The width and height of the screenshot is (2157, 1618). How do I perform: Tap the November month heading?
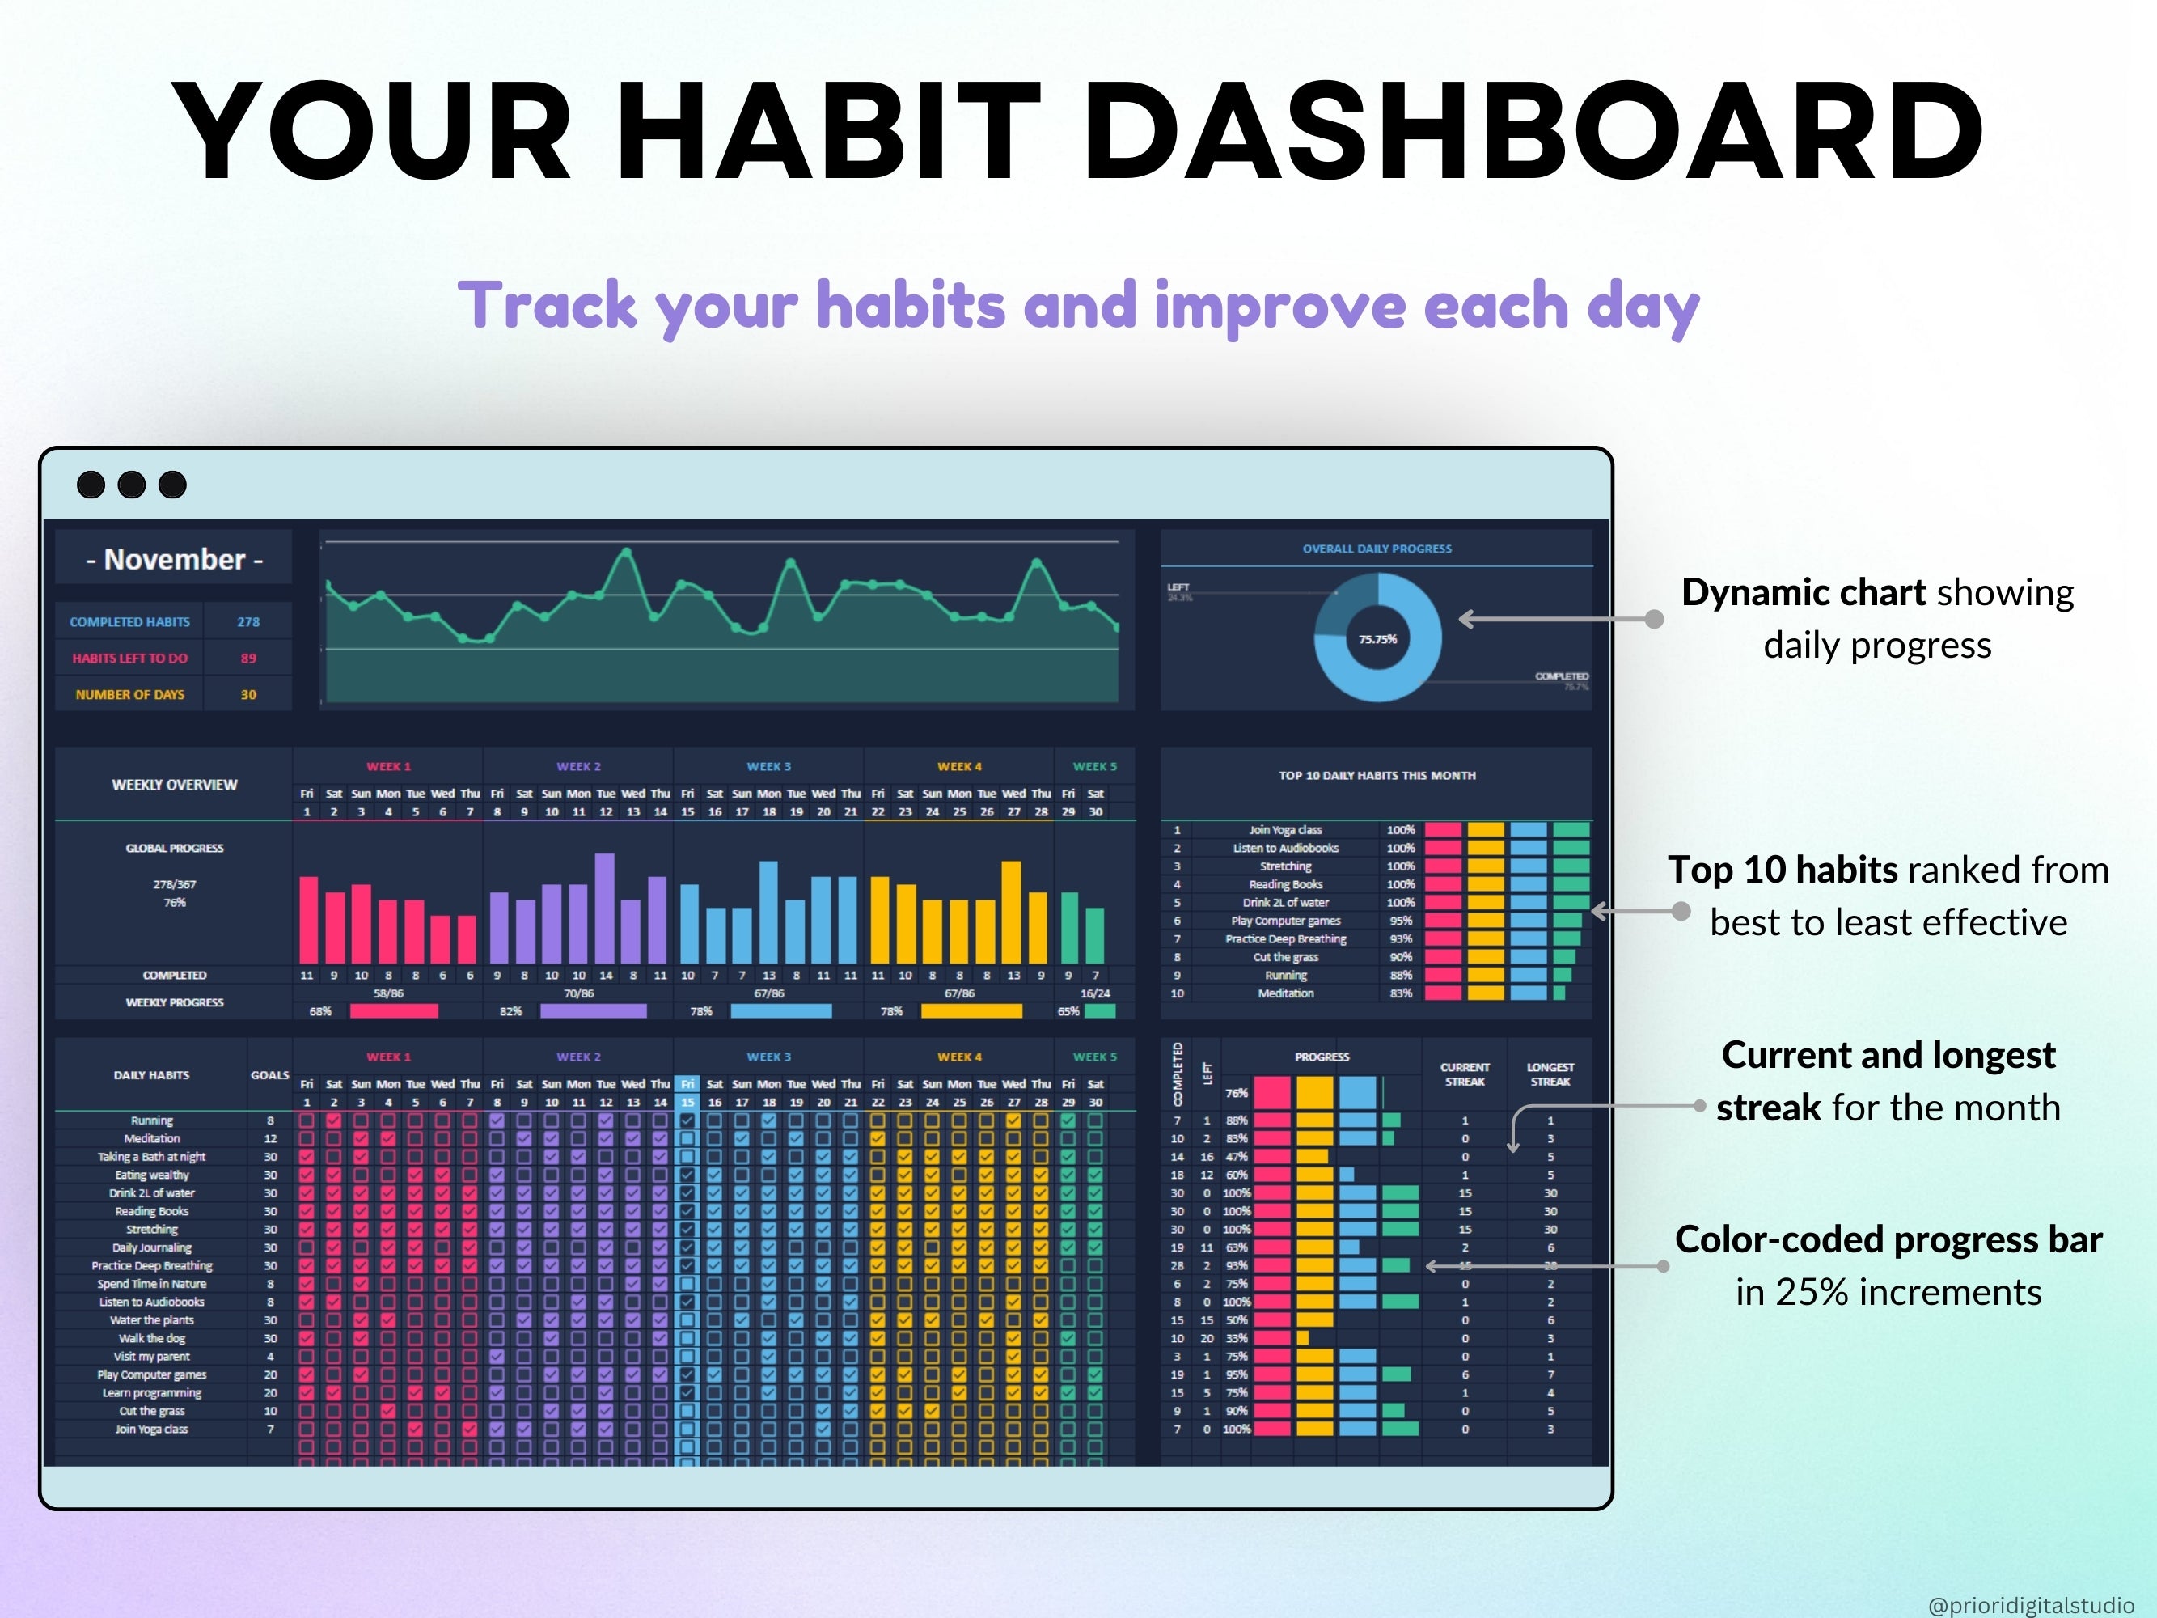(175, 560)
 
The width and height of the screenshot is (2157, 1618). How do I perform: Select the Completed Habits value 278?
(247, 622)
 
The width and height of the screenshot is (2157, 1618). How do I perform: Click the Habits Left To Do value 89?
(247, 659)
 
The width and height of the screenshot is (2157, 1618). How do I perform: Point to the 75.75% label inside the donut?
(1377, 640)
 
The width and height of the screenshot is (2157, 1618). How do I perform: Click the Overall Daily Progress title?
(1376, 549)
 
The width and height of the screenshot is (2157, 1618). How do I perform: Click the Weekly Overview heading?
(175, 785)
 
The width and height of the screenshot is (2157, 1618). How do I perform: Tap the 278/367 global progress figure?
(175, 884)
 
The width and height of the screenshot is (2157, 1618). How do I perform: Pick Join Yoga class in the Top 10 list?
(1285, 830)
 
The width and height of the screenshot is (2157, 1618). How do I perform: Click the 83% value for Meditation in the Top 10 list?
(1400, 993)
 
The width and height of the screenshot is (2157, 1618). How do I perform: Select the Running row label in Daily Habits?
(152, 1120)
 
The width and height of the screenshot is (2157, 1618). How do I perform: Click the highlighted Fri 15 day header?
(687, 1093)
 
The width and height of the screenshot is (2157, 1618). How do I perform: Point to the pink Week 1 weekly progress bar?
(394, 1011)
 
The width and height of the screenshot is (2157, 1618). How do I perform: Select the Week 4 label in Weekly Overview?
(958, 767)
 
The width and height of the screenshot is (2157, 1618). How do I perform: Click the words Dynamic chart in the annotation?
(1803, 593)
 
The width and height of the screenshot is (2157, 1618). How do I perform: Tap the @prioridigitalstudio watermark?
(2030, 1605)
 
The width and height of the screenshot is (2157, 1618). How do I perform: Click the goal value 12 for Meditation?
(270, 1139)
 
